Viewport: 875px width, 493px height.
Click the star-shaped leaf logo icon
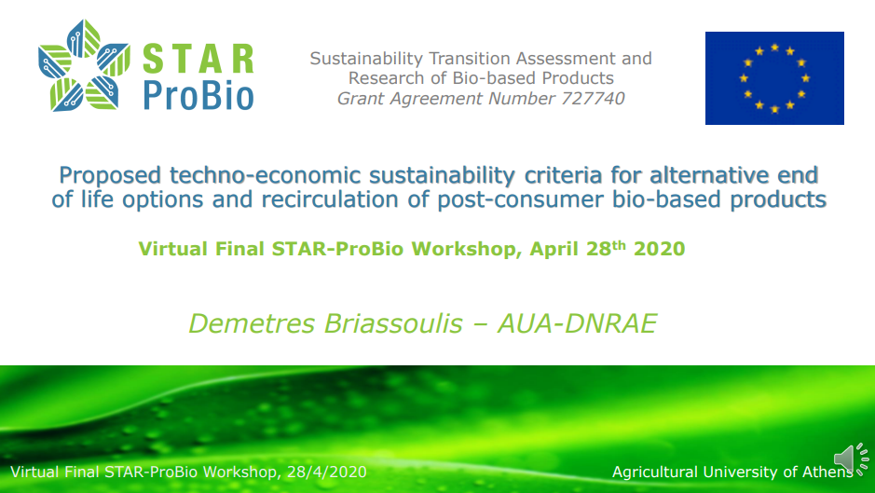point(84,65)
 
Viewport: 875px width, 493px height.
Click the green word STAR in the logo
point(198,60)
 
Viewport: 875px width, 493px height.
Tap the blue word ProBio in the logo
point(198,95)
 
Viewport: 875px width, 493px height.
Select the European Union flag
point(774,78)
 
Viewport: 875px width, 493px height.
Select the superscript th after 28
point(619,244)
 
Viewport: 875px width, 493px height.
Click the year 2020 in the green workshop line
point(659,249)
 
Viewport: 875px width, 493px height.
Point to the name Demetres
point(252,323)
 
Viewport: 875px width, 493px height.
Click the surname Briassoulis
point(393,323)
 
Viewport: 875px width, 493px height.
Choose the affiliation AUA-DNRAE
point(577,323)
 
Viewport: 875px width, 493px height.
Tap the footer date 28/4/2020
point(326,472)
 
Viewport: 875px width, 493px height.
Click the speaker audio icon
point(852,459)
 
